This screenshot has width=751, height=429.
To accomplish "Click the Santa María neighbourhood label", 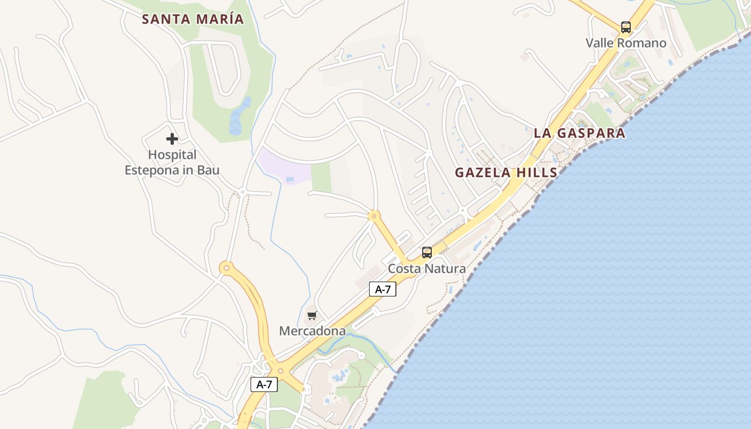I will click(x=193, y=19).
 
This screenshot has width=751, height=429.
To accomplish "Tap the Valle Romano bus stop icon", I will click(x=625, y=27).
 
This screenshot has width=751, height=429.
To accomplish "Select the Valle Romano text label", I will click(x=625, y=43).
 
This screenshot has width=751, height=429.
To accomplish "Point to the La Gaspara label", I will click(x=579, y=133).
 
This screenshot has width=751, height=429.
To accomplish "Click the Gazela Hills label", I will click(x=506, y=173).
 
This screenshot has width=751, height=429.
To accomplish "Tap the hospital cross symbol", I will click(x=172, y=139).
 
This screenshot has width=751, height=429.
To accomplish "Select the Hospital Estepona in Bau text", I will click(x=172, y=162).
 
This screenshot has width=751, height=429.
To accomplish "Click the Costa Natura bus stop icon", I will click(x=426, y=252).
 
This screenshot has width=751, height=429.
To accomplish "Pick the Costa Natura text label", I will click(x=426, y=268).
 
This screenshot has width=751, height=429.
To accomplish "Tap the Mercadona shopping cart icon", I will click(x=312, y=315).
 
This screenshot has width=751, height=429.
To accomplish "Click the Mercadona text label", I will click(x=312, y=331).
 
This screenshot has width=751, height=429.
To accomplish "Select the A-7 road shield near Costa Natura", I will click(x=382, y=290).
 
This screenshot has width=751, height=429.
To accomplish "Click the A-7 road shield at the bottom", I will click(x=264, y=384).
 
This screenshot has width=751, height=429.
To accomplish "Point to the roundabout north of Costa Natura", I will click(x=374, y=216).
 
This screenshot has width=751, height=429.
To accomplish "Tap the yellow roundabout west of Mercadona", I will click(x=227, y=267).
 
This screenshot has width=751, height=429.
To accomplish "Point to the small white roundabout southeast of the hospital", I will click(x=242, y=191).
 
